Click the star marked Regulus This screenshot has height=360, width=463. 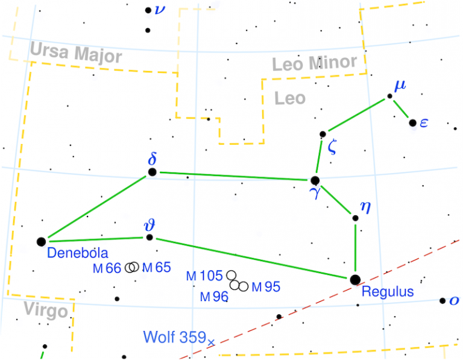(355, 279)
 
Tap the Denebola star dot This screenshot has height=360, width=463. (41, 242)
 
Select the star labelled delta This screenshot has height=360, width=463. (152, 172)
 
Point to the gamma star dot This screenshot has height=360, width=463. (314, 180)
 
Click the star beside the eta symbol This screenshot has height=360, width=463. (355, 218)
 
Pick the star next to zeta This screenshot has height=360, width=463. (323, 134)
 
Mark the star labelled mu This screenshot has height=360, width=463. (389, 96)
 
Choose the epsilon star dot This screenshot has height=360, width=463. (412, 123)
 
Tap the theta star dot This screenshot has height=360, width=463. (150, 238)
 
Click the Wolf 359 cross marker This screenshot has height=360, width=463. (210, 343)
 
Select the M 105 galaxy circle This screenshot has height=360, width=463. (231, 276)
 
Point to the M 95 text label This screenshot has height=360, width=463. (266, 287)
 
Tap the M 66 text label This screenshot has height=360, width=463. (107, 268)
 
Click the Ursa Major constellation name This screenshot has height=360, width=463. (75, 54)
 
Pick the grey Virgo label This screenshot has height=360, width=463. (46, 311)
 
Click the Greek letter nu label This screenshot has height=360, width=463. (160, 9)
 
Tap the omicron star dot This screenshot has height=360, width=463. (443, 301)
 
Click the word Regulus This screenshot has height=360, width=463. (388, 292)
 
